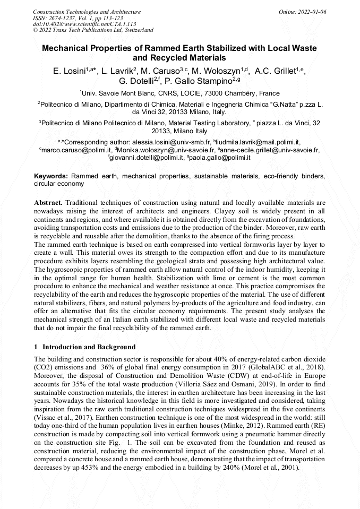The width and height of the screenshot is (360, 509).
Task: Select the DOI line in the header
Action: pos(84,24)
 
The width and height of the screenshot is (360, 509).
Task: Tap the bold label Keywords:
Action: pos(51,176)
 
